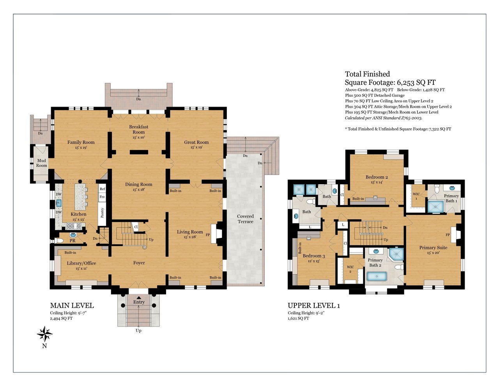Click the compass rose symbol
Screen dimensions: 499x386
click(44, 334)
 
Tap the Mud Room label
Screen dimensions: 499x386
click(42, 163)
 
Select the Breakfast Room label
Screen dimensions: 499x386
click(138, 129)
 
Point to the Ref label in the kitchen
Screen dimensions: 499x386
click(103, 189)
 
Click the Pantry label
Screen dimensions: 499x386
click(103, 213)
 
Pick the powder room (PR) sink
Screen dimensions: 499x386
click(73, 235)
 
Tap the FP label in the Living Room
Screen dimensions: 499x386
click(207, 235)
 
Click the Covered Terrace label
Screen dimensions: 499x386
click(245, 219)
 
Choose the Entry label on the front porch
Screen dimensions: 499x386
click(139, 302)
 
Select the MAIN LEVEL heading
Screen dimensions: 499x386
click(72, 306)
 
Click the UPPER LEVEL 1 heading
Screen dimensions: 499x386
click(314, 306)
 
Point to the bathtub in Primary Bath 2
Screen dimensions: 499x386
click(377, 276)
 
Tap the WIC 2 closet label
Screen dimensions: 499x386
click(350, 269)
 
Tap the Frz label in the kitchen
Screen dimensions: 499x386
click(102, 197)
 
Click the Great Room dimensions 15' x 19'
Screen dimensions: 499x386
click(196, 147)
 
